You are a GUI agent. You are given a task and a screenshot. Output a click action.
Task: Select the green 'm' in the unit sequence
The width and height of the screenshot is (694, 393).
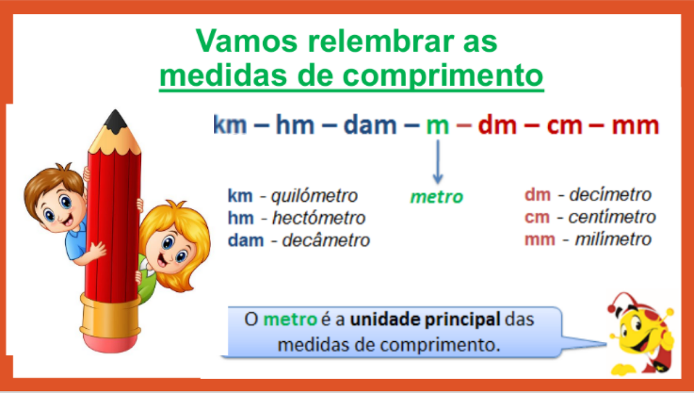pos(437,126)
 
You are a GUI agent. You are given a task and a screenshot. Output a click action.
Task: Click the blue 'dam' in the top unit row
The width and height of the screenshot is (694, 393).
pos(370,125)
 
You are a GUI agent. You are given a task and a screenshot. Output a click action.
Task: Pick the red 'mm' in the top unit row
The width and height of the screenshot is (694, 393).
pos(635,126)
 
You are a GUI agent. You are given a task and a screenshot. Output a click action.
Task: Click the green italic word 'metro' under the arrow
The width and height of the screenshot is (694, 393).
pos(436,197)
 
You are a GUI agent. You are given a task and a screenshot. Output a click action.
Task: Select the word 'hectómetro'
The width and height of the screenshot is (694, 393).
pos(318,218)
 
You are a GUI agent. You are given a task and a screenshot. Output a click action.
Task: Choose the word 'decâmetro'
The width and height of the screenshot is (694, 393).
pos(326,241)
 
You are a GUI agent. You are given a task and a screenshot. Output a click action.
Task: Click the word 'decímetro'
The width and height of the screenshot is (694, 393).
pos(610,195)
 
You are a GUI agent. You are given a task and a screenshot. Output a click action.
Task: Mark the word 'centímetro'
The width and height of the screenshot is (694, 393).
pos(612,217)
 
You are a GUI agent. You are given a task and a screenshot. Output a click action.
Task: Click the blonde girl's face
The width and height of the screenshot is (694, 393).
pos(171,252)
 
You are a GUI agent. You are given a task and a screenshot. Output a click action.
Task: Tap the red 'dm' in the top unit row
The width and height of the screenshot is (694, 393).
pos(497,126)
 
